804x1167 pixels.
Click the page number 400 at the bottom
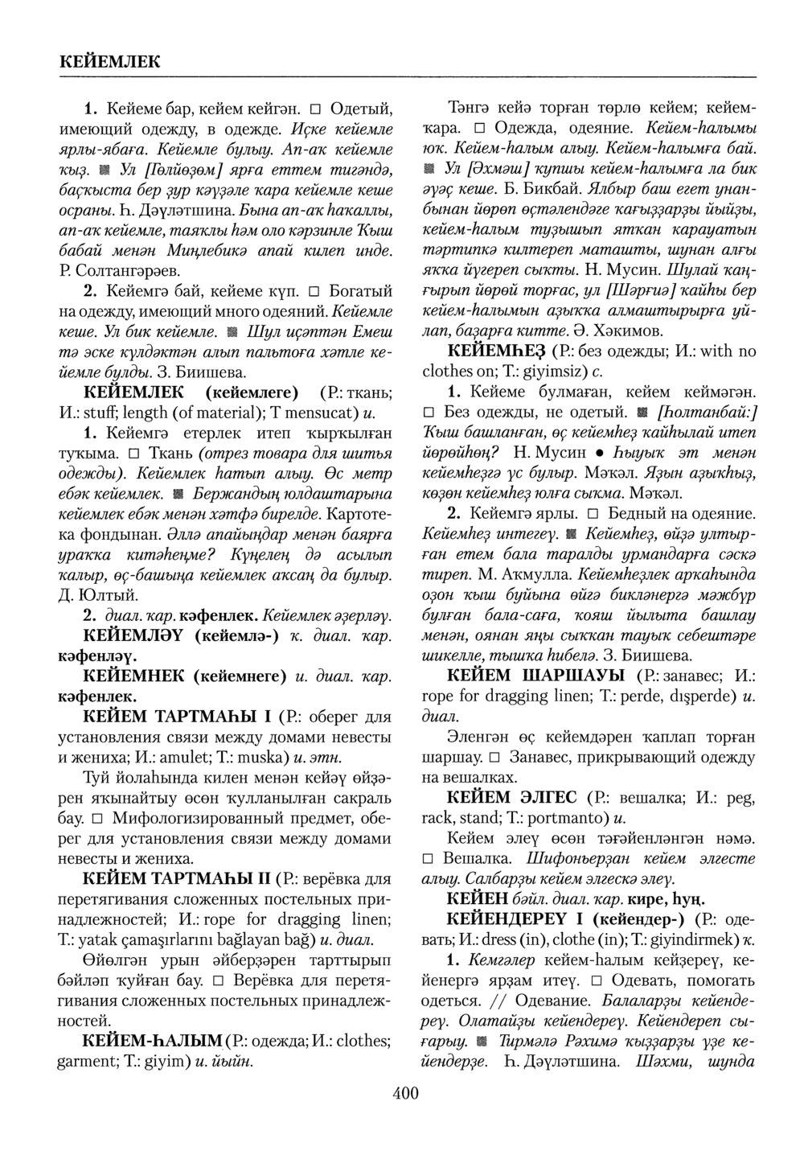tap(405, 1092)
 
